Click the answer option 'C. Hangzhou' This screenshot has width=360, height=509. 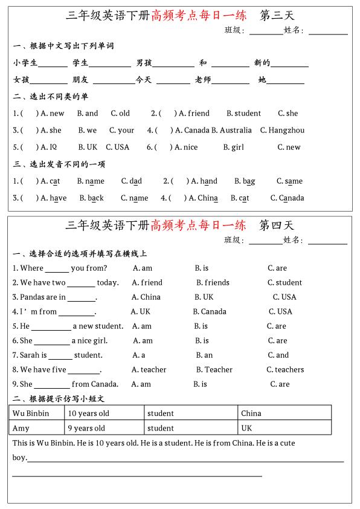pyautogui.click(x=282, y=130)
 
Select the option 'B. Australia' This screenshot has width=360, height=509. pyautogui.click(x=231, y=130)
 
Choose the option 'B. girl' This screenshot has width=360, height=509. pyautogui.click(x=233, y=147)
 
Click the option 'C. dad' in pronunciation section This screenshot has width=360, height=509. pyautogui.click(x=132, y=181)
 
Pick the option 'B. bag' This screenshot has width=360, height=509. pyautogui.click(x=245, y=181)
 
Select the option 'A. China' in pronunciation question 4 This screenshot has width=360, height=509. pyautogui.click(x=204, y=198)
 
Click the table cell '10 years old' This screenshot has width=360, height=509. pyautogui.click(x=89, y=413)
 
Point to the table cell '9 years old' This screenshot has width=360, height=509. pyautogui.click(x=86, y=428)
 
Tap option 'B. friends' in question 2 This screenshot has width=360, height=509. pyautogui.click(x=213, y=282)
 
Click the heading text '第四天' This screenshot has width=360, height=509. pyautogui.click(x=277, y=225)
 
